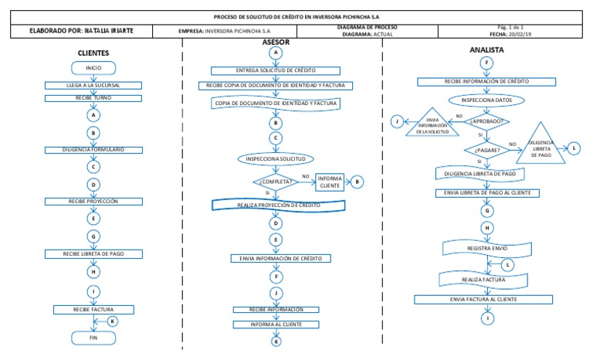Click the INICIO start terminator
[x=93, y=68]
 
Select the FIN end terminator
[x=93, y=337]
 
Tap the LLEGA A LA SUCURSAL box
[x=93, y=84]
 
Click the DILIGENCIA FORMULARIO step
[x=94, y=149]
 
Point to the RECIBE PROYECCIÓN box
[x=93, y=202]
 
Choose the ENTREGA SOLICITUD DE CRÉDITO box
[x=276, y=70]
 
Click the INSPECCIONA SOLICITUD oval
[x=276, y=159]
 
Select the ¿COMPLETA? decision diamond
[x=276, y=182]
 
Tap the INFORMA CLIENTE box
[x=330, y=182]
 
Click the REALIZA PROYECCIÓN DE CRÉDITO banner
[x=276, y=205]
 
